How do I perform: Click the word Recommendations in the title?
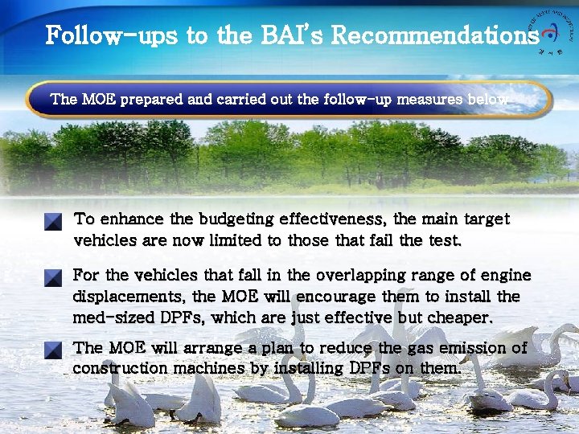434,35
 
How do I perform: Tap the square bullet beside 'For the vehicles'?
53,278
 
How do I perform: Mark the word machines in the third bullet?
205,369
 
